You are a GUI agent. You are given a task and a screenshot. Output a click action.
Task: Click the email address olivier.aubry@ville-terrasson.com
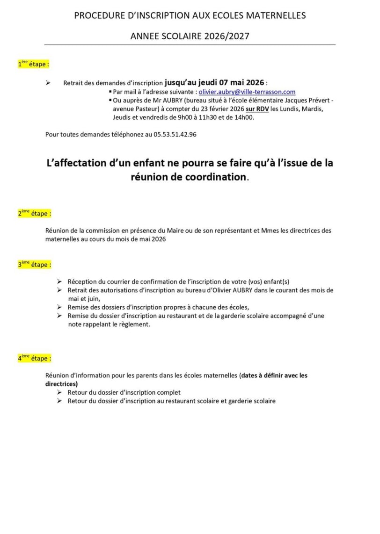(247, 92)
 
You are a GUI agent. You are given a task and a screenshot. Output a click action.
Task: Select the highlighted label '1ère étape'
(33, 65)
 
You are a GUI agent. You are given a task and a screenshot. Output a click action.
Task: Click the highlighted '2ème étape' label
(34, 213)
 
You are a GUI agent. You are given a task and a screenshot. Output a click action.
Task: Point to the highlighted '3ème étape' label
(34, 264)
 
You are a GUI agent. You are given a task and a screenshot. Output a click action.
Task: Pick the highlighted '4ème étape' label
(34, 358)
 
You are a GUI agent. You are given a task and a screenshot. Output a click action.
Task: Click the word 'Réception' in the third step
(82, 281)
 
